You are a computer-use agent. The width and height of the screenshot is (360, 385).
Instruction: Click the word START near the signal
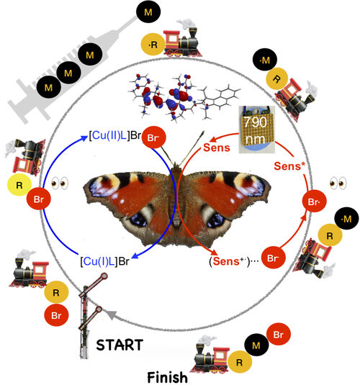120,345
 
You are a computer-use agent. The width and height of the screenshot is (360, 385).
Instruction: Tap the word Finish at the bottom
167,377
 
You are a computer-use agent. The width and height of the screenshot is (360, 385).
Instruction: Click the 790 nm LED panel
257,130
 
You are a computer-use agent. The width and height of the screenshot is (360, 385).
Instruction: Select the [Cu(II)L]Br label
114,135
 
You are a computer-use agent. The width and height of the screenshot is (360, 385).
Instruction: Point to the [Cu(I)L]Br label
104,261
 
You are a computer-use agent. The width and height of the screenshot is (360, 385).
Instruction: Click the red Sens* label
289,166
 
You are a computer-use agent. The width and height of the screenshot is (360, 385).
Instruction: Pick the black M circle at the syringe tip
148,12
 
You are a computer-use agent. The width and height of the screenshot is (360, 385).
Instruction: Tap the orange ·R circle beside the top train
153,45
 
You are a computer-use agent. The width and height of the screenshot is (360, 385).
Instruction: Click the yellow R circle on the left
19,185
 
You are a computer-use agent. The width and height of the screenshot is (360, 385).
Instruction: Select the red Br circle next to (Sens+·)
273,258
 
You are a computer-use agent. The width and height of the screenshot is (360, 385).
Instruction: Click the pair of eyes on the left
60,184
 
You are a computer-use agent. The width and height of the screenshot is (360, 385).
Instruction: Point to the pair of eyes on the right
338,184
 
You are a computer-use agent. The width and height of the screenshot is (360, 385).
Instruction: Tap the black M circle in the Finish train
256,345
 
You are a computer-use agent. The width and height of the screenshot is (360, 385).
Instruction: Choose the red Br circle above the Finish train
279,335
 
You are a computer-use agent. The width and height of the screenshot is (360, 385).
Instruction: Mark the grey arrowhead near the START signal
112,315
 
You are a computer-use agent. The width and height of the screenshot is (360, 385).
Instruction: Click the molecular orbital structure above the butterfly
184,96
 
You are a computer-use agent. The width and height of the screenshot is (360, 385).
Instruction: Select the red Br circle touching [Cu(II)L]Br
154,137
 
